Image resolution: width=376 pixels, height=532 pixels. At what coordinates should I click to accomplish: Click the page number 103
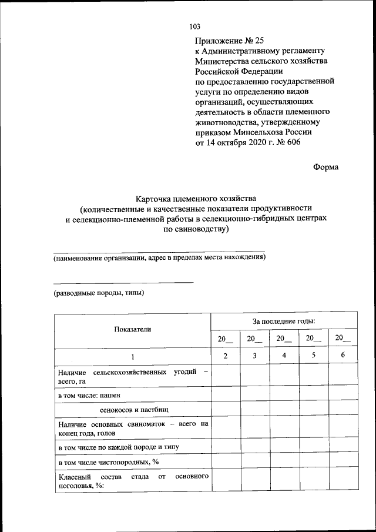(x=195, y=26)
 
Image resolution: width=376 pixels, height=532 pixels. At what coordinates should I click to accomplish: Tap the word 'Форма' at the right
(x=325, y=167)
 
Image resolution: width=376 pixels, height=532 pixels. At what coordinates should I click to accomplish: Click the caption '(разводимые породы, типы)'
(x=98, y=292)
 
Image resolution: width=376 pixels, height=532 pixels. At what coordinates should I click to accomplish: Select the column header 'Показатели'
(x=133, y=329)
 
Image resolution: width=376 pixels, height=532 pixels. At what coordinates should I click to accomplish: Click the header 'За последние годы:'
(x=284, y=321)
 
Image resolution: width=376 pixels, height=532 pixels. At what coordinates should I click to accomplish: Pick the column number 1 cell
(x=133, y=357)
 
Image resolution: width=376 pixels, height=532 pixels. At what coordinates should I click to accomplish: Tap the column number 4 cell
(x=284, y=356)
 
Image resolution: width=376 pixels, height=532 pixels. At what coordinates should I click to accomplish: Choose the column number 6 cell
(x=343, y=356)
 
